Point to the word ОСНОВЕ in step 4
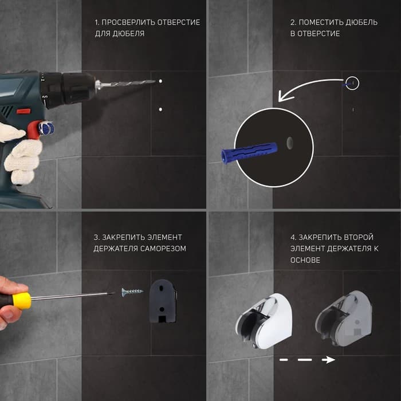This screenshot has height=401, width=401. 305,260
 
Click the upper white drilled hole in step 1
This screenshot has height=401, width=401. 160,81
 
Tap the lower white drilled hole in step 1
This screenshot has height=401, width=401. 160,109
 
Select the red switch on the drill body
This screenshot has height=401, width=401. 23,111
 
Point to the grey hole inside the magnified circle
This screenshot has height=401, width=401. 290,143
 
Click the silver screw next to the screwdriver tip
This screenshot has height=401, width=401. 132,292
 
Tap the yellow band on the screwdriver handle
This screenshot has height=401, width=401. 22,301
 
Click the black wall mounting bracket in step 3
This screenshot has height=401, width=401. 163,301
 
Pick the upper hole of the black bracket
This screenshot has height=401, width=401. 161,288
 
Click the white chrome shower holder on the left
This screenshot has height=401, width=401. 264,321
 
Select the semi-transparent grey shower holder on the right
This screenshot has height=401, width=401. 344,319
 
